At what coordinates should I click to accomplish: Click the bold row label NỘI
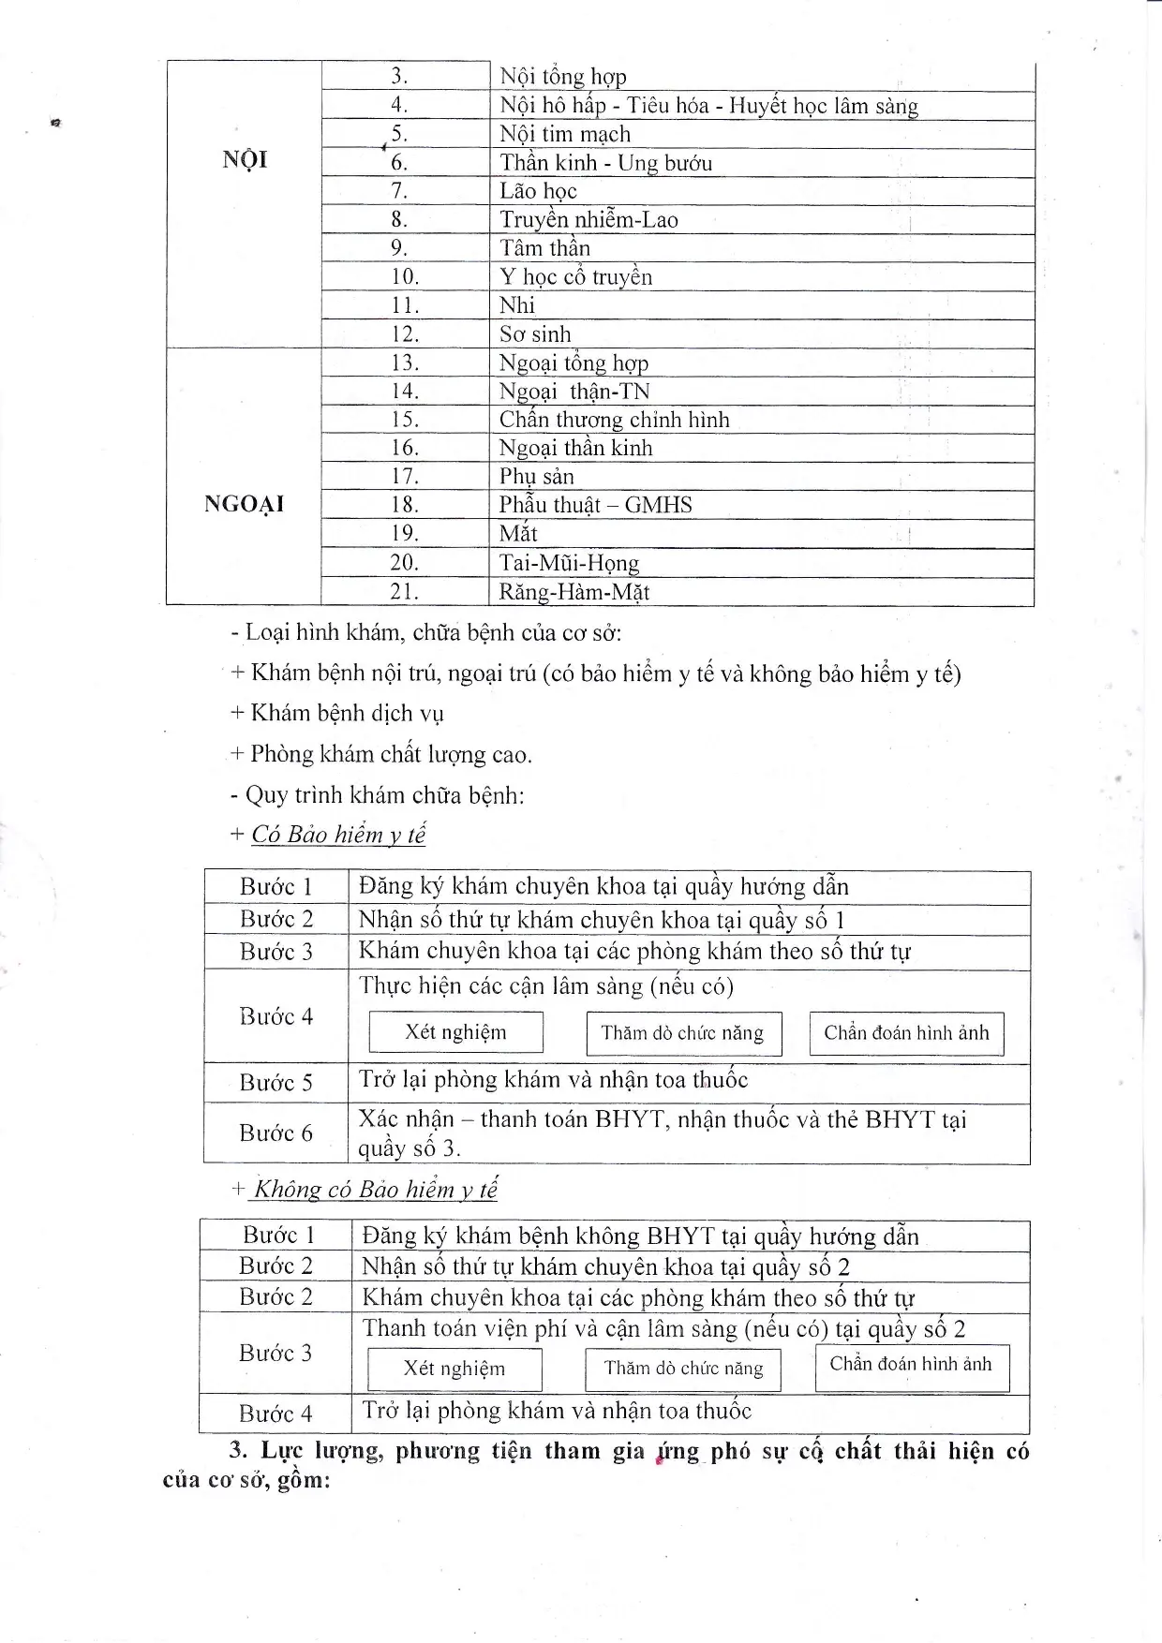pos(245,160)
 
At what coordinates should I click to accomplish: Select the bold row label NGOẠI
pos(244,505)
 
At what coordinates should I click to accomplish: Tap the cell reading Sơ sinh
pos(535,334)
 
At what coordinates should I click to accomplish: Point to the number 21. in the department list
pos(404,592)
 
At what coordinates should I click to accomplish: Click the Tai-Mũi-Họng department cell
pos(569,563)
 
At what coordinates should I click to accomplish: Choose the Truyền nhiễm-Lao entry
pos(588,220)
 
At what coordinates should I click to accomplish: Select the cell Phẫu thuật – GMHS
pos(595,506)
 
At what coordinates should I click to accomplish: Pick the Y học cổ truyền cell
pos(575,277)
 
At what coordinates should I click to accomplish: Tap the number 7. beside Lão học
pos(399,191)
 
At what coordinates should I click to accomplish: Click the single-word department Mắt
pos(518,534)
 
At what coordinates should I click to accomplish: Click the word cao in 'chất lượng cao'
pos(511,755)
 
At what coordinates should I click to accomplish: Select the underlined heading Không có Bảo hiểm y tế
pos(376,1190)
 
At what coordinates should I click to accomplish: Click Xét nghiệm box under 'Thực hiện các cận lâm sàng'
pos(455,1032)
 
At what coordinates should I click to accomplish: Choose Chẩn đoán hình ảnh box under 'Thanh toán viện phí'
pos(911,1365)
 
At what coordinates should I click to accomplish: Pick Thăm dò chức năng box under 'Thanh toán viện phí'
pos(683,1369)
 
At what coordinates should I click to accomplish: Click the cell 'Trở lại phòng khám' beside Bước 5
pos(553,1080)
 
